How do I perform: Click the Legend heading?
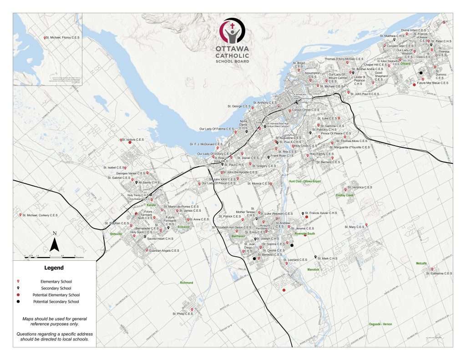tap(54, 268)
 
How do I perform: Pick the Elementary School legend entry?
tap(56, 282)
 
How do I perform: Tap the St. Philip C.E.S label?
tap(182, 314)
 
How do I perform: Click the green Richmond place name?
tap(187, 283)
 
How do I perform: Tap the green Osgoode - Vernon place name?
tap(380, 324)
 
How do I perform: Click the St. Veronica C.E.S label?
tap(362, 188)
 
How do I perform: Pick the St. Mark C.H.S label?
tap(327, 259)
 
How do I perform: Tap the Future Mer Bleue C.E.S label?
tap(433, 83)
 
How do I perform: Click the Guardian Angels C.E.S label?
tap(164, 250)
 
